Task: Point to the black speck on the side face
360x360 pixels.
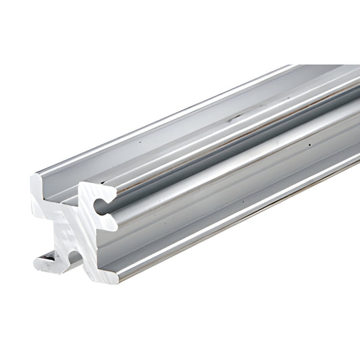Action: point(309,145)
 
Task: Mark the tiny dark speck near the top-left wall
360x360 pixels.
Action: point(138,144)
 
